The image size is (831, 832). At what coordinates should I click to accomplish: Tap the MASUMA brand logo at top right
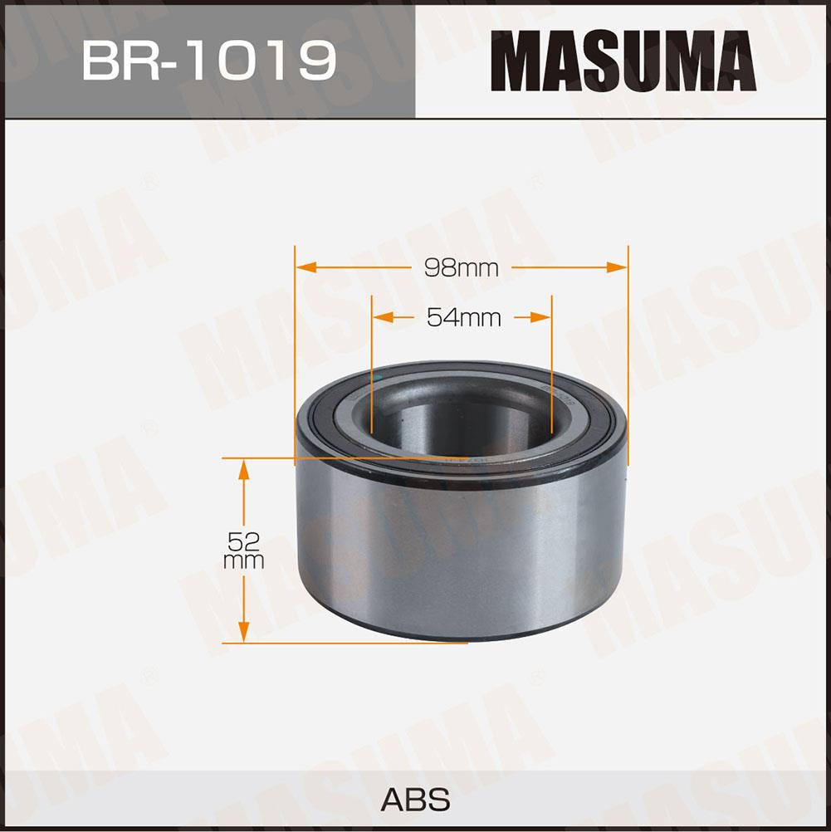coord(623,61)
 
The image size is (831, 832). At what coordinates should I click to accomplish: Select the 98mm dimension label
coord(461,268)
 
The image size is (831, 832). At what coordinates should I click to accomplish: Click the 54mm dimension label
coord(464,317)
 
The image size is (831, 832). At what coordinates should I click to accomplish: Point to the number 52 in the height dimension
coord(243,541)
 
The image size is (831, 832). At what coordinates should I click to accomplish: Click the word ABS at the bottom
coord(415,799)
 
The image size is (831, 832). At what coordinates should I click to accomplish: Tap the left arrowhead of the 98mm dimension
coord(307,267)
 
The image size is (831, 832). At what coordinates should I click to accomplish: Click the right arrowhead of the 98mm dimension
coord(616,267)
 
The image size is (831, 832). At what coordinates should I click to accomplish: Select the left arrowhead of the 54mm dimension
coord(384,317)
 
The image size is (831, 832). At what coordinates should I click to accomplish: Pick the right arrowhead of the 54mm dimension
coord(540,317)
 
